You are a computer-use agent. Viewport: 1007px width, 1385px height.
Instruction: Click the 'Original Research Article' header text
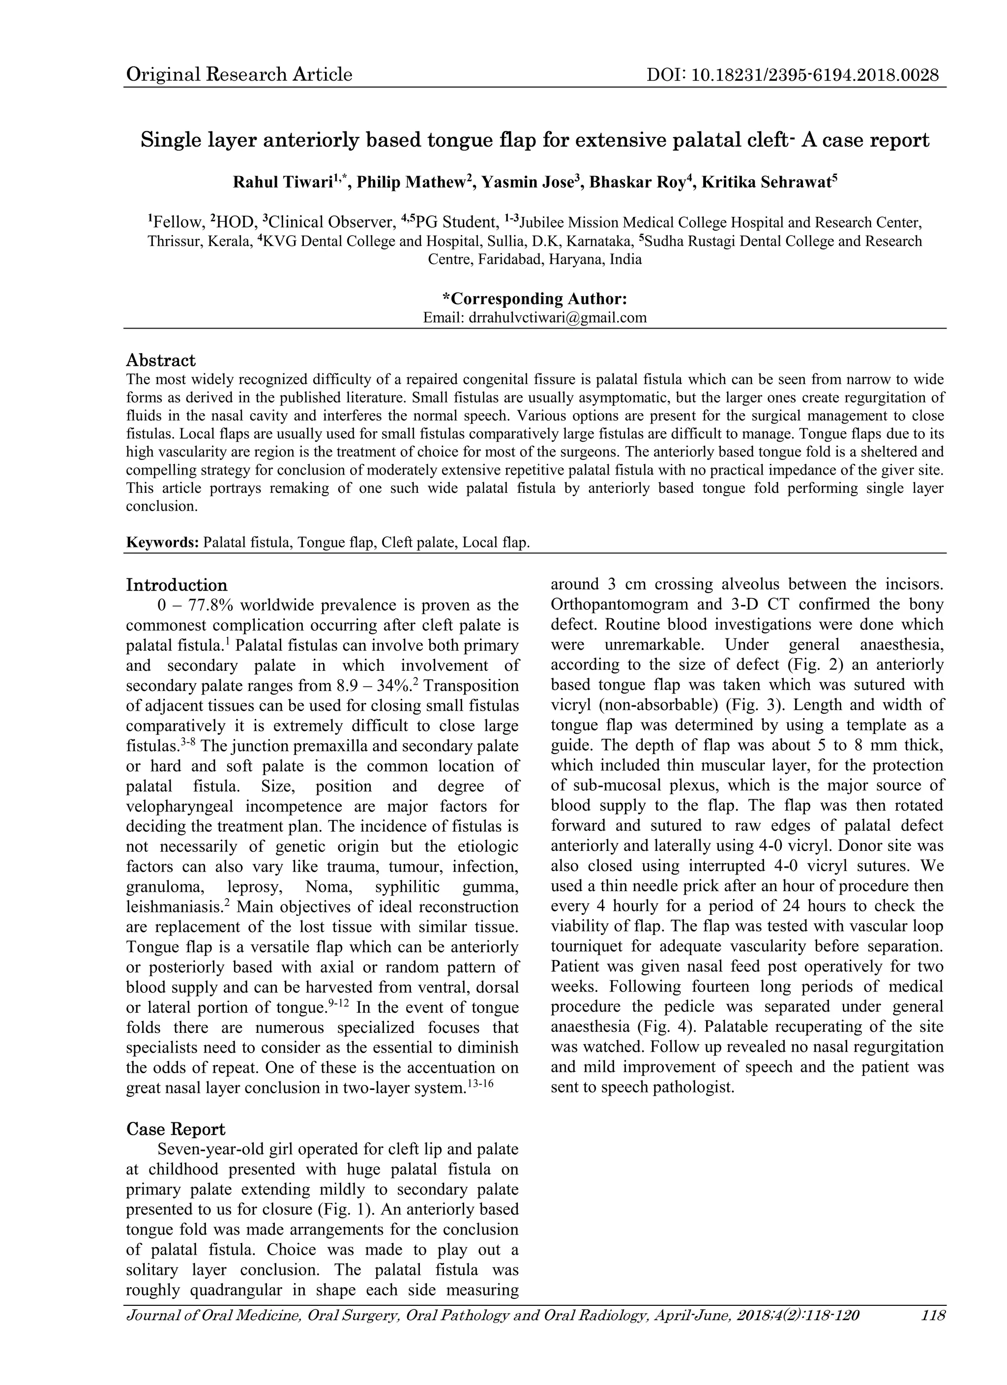(239, 74)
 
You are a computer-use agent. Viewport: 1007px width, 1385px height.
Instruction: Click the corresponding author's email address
(557, 318)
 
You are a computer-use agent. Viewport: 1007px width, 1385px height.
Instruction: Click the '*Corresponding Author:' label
(534, 299)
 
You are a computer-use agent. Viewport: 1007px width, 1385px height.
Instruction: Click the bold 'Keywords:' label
(162, 542)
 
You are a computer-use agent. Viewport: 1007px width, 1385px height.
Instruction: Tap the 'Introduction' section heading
(177, 585)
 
